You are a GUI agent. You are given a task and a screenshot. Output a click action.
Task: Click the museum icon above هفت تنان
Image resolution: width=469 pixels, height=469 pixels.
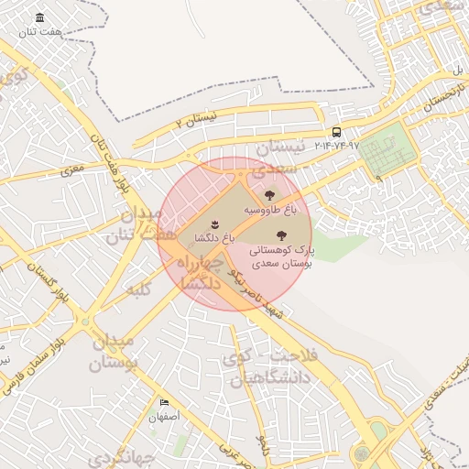point(39,18)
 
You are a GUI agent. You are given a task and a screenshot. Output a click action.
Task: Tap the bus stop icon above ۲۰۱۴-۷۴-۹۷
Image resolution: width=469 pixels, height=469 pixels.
point(337,132)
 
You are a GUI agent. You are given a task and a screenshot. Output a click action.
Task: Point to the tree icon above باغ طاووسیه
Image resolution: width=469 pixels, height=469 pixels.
point(269,194)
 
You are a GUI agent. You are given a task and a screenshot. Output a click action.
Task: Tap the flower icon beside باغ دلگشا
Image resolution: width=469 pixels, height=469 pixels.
point(213,224)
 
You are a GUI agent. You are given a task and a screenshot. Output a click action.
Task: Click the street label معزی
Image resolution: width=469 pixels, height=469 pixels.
point(71,169)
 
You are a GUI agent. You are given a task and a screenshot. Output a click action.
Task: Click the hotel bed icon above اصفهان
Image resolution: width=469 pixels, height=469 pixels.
point(165,402)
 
